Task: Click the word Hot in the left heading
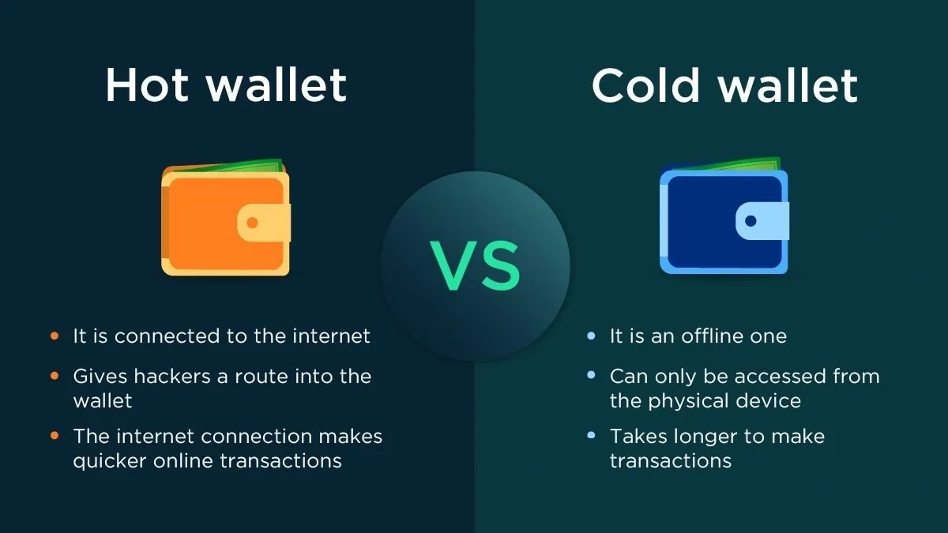click(x=145, y=85)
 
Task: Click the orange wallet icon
click(x=226, y=221)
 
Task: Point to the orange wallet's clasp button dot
click(x=252, y=223)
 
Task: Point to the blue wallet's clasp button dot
click(x=750, y=221)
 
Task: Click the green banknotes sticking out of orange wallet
click(x=253, y=167)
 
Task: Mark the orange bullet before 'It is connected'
click(x=55, y=336)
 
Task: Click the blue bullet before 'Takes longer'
click(x=591, y=436)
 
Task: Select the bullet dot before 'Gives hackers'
click(x=55, y=377)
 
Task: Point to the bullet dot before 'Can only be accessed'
click(x=591, y=377)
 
